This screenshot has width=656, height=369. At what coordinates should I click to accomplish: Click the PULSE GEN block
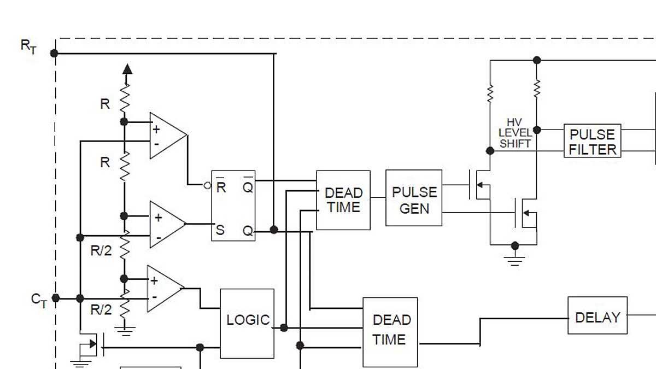coord(414,198)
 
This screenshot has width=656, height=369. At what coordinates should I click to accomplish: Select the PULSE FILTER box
coord(593,141)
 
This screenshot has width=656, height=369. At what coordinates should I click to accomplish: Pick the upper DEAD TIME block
coord(343,200)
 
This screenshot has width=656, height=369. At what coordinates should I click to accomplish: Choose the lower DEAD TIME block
coord(390,332)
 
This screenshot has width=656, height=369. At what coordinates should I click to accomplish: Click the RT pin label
coord(29,46)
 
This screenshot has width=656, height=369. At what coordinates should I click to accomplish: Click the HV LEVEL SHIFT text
coord(514,133)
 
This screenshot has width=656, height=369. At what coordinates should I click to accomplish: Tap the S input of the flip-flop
coord(220,230)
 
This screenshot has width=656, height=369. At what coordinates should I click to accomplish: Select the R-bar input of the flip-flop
coord(221,186)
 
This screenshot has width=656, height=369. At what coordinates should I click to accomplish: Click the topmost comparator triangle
coord(167,136)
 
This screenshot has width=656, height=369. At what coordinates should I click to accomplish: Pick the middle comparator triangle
coord(167,224)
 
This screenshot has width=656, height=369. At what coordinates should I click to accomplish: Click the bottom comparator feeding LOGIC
coord(164,289)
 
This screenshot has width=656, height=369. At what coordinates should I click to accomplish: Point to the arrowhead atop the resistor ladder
coord(127,68)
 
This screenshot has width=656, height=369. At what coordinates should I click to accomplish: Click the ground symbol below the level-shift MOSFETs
coord(514,259)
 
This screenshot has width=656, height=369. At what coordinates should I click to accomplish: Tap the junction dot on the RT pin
coord(54,53)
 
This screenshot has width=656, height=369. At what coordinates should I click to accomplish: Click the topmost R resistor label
coord(105,104)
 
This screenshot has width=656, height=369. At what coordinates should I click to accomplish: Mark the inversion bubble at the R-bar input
coord(207,186)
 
